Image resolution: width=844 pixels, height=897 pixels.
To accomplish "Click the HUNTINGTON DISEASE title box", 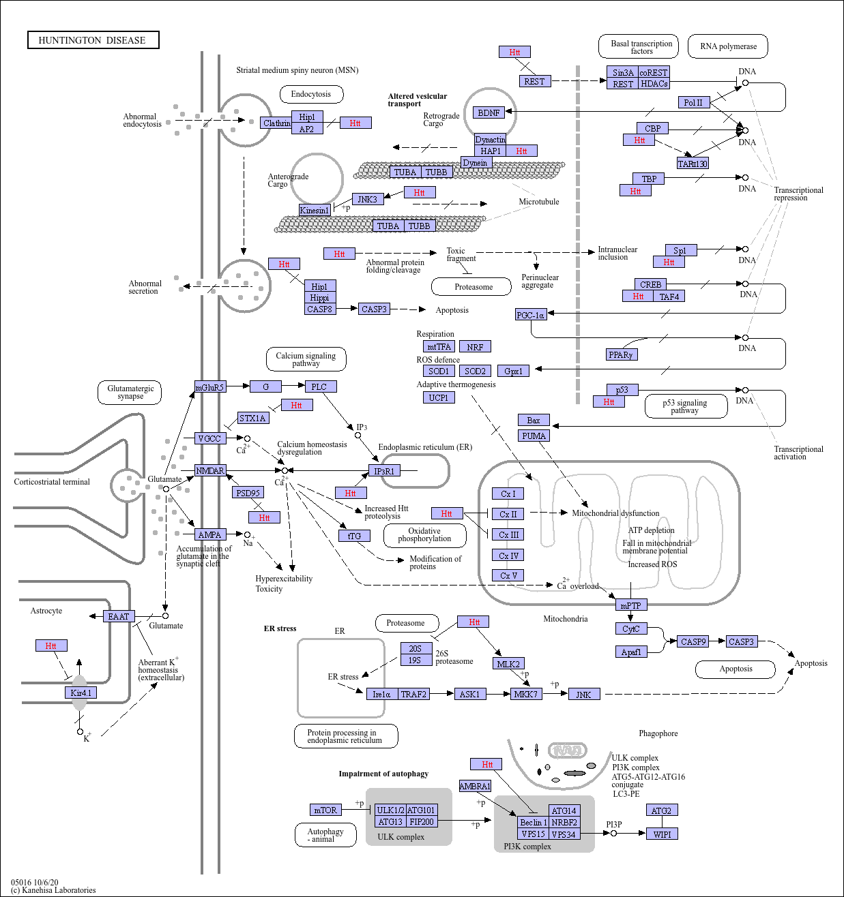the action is [x=93, y=40].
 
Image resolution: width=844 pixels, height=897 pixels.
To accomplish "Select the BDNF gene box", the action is [x=489, y=112].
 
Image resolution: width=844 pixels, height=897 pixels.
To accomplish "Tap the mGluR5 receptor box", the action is [x=210, y=386].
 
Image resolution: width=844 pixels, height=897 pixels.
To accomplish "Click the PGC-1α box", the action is [x=531, y=314].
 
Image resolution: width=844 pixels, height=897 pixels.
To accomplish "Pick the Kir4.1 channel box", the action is [x=81, y=693].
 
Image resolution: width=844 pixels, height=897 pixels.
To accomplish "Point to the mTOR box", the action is [x=325, y=810].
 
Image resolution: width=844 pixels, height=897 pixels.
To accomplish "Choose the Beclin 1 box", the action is [x=534, y=822].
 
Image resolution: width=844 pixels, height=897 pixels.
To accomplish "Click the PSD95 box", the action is [x=248, y=492].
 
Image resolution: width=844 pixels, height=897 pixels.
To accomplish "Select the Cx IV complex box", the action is [x=508, y=555].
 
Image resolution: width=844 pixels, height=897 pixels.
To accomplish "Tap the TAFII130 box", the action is [x=693, y=163].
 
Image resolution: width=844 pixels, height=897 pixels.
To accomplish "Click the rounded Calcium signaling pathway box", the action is [x=306, y=359].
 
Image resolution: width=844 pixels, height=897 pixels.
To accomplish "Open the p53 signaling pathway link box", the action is [x=686, y=406].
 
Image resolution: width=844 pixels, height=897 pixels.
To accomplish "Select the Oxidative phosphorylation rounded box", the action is [x=424, y=535].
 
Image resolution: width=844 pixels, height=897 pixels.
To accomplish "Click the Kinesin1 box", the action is [x=315, y=210].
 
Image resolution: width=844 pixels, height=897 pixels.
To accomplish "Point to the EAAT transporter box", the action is [x=119, y=616].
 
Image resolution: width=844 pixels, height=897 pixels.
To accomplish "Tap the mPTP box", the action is [x=631, y=605].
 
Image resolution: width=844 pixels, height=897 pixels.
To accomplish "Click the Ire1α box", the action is [x=382, y=694].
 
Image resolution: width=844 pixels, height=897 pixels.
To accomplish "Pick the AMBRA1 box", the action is [x=475, y=786].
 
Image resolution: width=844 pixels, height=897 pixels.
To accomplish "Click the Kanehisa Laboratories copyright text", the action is [x=53, y=890].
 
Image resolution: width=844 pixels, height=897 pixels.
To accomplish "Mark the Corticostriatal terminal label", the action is [x=52, y=481].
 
